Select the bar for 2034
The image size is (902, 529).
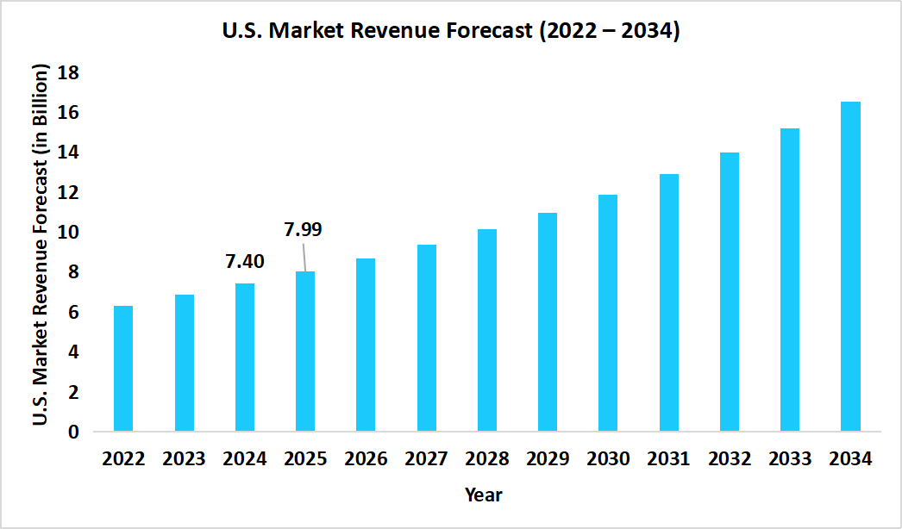click(x=850, y=266)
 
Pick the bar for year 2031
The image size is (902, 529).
click(x=668, y=302)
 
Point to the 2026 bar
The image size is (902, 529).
click(x=366, y=345)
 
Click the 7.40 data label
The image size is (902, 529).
click(x=244, y=261)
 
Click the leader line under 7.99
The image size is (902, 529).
click(x=304, y=257)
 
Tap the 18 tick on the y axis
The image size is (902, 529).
click(x=68, y=73)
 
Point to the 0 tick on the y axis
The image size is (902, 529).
click(x=73, y=432)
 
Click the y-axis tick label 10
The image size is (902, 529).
click(x=68, y=233)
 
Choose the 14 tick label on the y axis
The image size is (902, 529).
click(x=68, y=152)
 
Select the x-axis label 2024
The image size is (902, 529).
click(x=244, y=459)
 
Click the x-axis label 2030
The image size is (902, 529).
click(x=608, y=459)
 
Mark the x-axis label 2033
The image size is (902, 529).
click(x=790, y=459)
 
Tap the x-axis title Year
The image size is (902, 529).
click(x=483, y=495)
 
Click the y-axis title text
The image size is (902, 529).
click(x=40, y=246)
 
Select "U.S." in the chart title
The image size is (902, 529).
click(x=239, y=33)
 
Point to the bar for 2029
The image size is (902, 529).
click(x=548, y=322)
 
